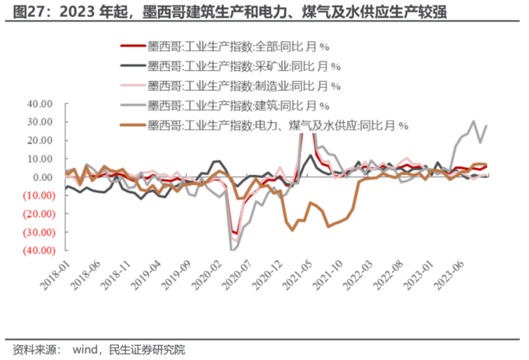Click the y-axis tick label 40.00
39,103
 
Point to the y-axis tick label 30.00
39,122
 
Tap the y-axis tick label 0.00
41,177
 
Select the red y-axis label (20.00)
37,214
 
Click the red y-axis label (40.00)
37,250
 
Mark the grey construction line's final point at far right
487,126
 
